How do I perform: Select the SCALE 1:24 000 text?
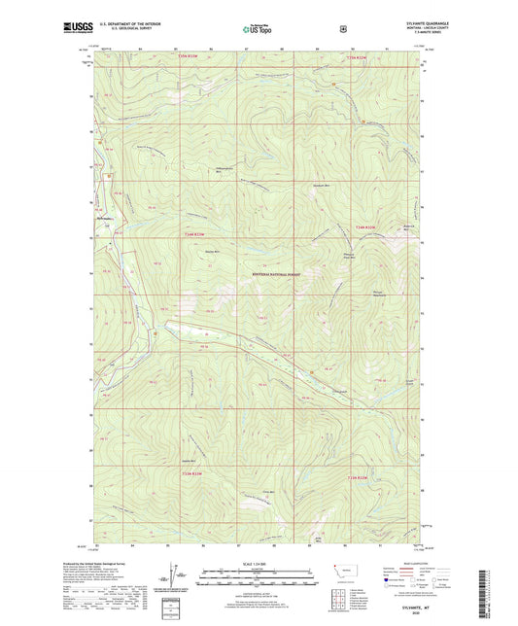(x=259, y=565)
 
